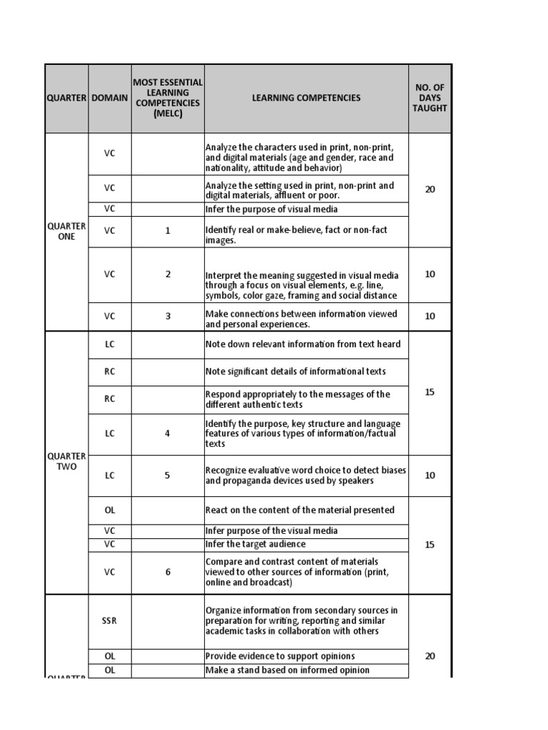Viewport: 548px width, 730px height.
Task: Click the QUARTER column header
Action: point(66,98)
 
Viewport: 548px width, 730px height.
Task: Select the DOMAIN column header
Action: point(110,98)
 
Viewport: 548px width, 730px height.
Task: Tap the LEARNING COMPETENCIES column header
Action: point(306,98)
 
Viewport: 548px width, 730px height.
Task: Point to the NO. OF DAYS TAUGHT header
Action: point(430,98)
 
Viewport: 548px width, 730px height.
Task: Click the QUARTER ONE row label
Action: point(66,231)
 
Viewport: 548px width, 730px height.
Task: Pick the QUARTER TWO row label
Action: point(66,461)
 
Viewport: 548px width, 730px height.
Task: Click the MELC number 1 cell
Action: point(168,231)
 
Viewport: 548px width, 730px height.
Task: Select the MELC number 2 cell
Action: point(168,274)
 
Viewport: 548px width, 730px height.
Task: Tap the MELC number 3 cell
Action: point(168,316)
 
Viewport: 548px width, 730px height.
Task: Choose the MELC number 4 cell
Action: point(168,433)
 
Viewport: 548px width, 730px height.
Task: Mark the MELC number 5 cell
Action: point(168,475)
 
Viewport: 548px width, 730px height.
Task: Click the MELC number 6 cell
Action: point(168,572)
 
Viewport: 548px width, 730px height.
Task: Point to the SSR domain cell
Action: point(109,621)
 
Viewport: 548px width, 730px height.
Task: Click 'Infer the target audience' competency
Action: point(255,544)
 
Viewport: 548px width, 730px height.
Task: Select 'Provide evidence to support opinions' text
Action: point(280,656)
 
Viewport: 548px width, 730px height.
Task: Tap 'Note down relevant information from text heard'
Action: point(303,344)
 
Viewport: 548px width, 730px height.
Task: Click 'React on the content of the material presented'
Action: point(300,510)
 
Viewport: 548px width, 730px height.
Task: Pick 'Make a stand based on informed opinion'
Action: point(287,670)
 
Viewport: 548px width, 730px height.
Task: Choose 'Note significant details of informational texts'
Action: point(295,371)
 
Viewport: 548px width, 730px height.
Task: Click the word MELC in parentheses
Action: point(168,113)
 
